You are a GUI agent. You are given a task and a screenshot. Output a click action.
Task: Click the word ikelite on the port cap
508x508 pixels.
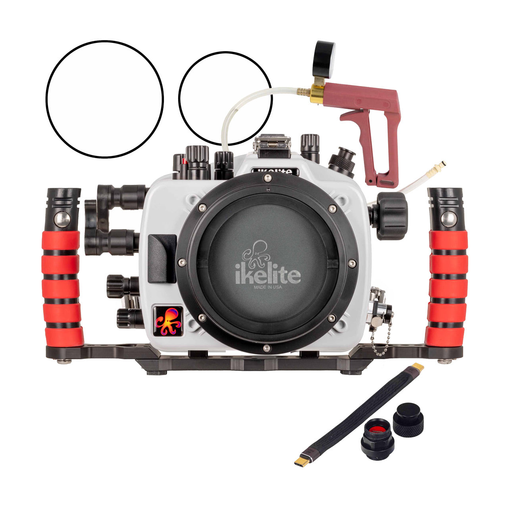[x=268, y=275]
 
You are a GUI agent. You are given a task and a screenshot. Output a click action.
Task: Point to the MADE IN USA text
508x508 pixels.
[x=268, y=287]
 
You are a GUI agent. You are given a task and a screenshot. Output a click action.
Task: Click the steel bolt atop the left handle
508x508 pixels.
[x=62, y=219]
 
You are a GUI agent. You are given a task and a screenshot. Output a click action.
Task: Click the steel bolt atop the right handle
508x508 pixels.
[x=448, y=219]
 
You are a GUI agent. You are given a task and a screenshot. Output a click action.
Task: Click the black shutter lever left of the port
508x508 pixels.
[x=162, y=258]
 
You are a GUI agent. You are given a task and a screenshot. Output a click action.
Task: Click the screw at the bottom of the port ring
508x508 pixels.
[x=267, y=348]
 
